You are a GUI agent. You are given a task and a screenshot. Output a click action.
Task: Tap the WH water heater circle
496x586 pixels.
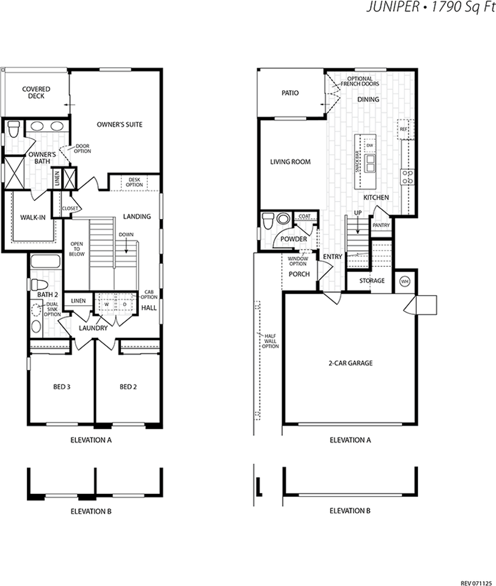[405, 281]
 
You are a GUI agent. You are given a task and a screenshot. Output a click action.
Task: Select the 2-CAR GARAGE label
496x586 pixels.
[351, 363]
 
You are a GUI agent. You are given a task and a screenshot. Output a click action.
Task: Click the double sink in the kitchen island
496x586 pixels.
[370, 162]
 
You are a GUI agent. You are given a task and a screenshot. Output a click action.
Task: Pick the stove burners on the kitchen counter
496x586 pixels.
[407, 177]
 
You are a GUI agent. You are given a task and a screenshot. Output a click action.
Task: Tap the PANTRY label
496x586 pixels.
[381, 225]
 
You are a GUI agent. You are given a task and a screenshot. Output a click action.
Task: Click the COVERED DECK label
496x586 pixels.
[36, 93]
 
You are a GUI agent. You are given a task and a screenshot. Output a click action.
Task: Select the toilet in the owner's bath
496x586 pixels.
[14, 129]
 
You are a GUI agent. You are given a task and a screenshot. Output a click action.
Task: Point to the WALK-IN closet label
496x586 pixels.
[33, 217]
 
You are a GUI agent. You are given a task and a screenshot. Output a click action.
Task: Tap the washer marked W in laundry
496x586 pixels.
[107, 305]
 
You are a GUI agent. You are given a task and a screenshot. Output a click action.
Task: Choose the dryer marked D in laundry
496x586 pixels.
[125, 305]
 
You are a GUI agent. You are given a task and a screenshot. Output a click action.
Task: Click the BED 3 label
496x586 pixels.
[62, 387]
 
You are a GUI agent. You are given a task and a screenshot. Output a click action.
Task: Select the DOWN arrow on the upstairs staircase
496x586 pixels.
[126, 246]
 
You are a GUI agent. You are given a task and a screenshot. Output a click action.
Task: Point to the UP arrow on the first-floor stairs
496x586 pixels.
[358, 225]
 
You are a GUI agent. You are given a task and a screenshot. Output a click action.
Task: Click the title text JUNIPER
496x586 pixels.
[393, 7]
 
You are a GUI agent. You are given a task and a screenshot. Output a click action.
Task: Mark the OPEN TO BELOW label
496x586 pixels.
[77, 249]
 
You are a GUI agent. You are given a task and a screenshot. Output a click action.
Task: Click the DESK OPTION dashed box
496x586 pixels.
[134, 183]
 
